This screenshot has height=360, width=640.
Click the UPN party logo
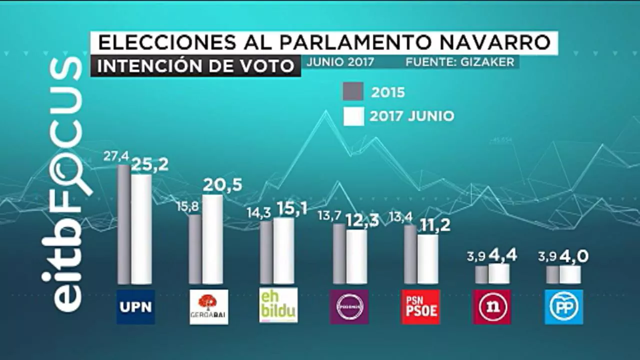point(136,306)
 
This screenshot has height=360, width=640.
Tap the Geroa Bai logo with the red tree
point(208,306)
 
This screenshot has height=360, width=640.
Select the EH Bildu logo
point(278,305)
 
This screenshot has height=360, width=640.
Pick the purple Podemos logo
point(349,306)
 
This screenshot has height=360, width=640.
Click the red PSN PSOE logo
point(421,306)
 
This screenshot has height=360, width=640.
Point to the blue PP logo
point(563,306)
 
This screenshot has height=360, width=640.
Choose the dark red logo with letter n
point(492,306)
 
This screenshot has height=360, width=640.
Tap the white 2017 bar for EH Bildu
point(283,250)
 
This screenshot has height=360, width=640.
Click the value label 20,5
point(222,185)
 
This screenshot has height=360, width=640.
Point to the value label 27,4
point(116,156)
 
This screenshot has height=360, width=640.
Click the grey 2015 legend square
point(353,92)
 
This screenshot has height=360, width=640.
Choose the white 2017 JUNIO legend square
point(353,116)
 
